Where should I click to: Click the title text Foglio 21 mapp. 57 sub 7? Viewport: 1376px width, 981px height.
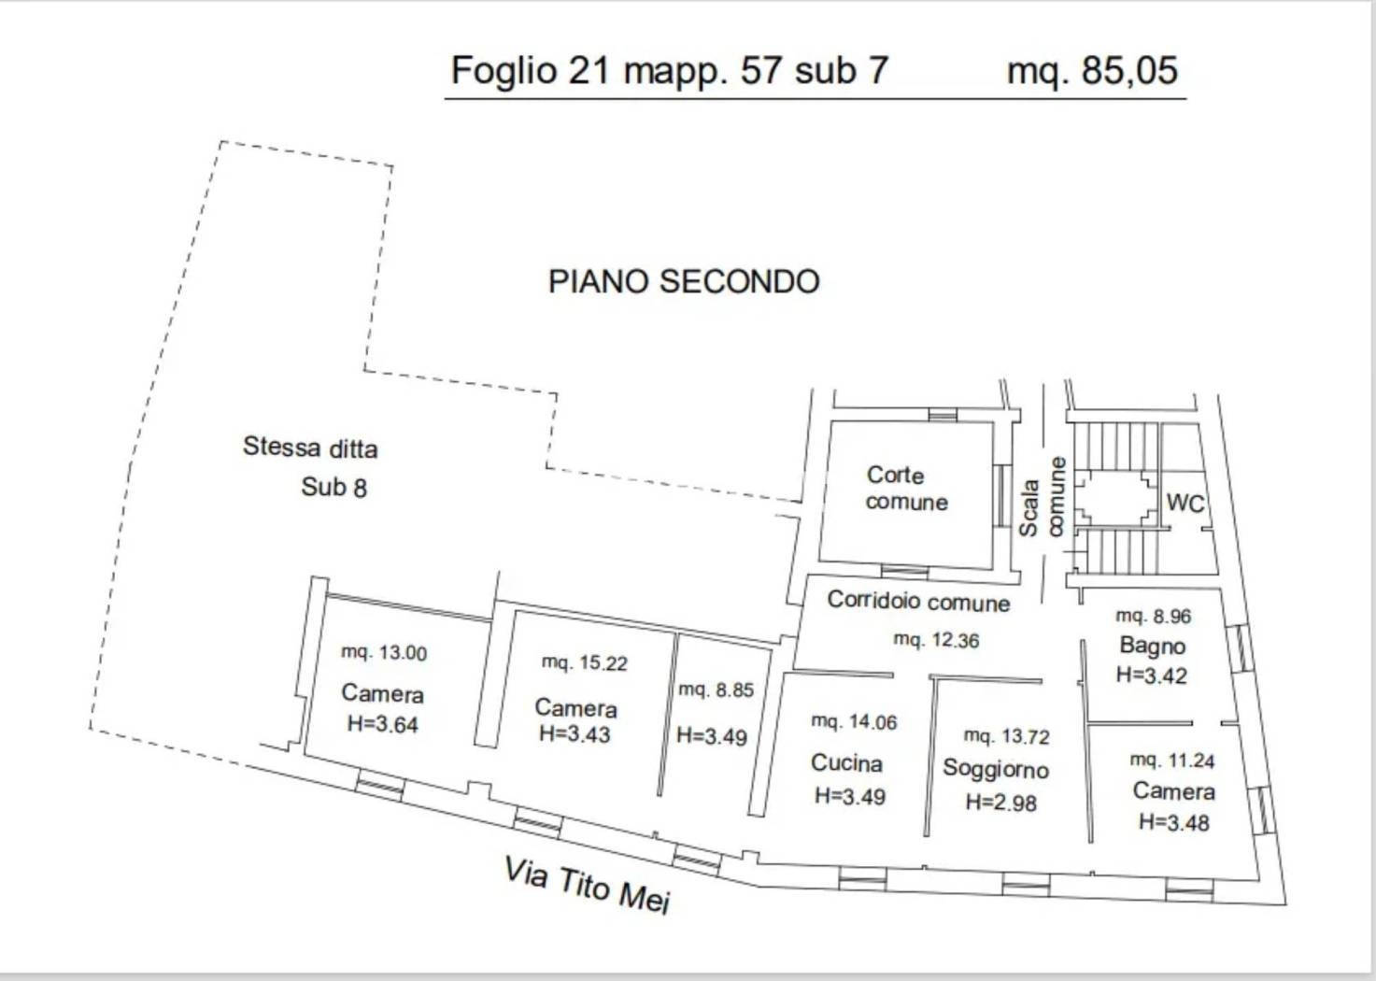point(670,71)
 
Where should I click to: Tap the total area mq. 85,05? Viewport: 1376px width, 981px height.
point(1093,71)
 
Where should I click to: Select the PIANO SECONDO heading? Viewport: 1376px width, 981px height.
point(684,282)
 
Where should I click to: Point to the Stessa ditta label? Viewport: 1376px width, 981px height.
point(310,448)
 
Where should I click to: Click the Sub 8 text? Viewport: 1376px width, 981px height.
point(333,488)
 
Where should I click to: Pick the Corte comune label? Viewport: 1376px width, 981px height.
point(906,489)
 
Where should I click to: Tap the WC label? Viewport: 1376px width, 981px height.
point(1184,503)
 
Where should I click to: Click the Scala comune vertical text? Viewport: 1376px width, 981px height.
point(1042,498)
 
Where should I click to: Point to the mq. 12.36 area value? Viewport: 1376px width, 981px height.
point(936,640)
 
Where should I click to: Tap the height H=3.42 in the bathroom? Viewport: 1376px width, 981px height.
point(1151,675)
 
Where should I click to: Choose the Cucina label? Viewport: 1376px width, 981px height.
point(846,763)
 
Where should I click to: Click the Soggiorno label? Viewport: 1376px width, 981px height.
point(996,770)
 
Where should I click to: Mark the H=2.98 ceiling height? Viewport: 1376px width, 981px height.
point(1000,803)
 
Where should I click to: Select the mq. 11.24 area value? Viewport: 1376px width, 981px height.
point(1172,761)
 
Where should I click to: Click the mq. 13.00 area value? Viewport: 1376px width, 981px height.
point(384,652)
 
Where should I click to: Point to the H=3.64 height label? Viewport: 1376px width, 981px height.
point(383,724)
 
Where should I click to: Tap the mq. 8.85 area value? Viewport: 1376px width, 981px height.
point(716,690)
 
